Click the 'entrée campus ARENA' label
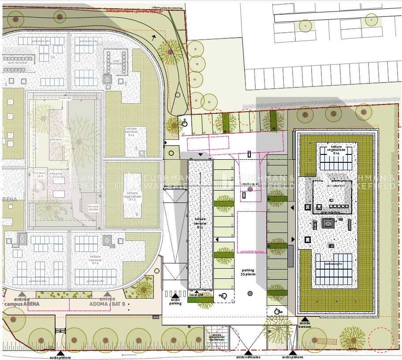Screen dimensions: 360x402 (22, 301)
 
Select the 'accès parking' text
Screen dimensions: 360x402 (175, 301)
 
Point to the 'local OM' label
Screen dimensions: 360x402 (196, 294)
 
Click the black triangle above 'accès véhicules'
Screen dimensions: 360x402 (248, 352)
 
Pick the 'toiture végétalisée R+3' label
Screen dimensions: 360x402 (132, 196)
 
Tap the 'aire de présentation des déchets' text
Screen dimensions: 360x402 (217, 340)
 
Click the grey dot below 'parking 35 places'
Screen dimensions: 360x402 (250, 293)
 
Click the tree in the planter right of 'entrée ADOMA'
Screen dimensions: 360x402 (143, 289)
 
